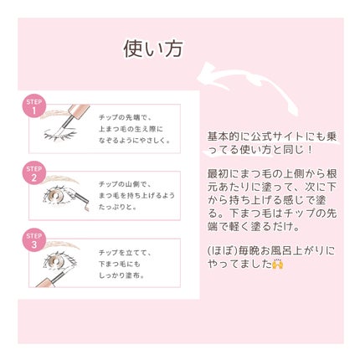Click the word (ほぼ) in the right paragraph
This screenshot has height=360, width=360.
coord(220,251)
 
